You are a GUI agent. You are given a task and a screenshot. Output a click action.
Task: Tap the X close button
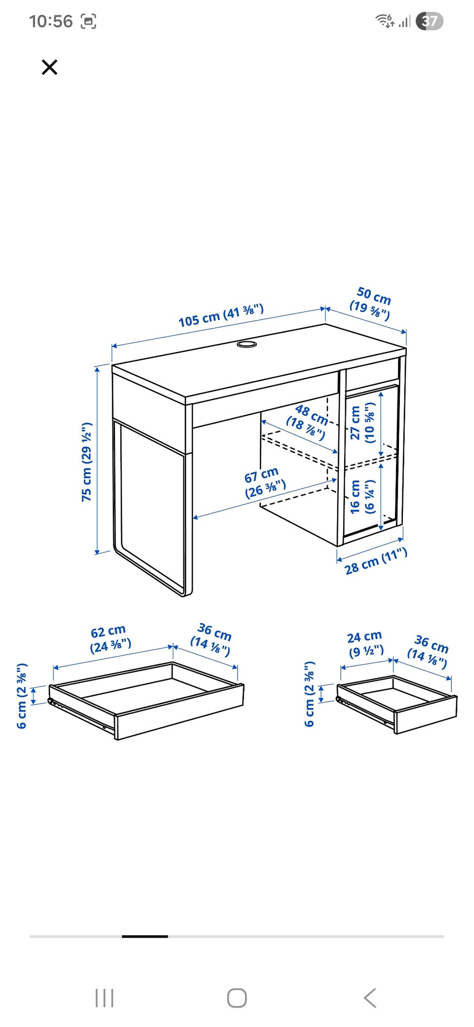[49, 67]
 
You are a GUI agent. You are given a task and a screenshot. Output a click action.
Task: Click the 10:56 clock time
[50, 21]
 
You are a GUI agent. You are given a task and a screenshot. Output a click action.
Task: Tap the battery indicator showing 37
[430, 21]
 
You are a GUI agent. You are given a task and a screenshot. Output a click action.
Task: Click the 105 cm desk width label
[221, 316]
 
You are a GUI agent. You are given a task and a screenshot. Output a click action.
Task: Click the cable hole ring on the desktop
[246, 344]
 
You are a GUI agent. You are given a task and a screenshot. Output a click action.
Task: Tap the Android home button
[237, 998]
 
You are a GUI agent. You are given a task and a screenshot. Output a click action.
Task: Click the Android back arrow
[370, 998]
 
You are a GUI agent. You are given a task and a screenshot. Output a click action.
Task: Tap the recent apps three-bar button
[104, 998]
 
